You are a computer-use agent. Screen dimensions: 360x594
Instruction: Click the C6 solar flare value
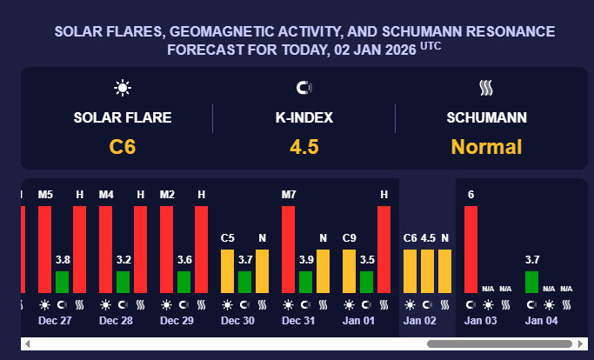(x=122, y=147)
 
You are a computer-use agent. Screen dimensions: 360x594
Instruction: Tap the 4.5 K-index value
(x=304, y=147)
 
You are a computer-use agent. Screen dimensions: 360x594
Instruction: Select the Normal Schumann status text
(x=486, y=147)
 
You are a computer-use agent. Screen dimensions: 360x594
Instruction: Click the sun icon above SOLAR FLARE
(x=123, y=88)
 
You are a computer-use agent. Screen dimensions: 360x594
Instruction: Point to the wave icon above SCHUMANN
(x=486, y=88)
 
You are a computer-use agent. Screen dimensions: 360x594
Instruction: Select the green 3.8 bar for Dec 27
(x=62, y=282)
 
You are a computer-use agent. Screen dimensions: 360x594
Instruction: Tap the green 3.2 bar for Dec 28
(x=123, y=282)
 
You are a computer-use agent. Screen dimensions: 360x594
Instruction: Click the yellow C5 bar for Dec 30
(x=228, y=270)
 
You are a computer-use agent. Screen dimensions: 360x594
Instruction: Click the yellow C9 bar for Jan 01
(x=350, y=270)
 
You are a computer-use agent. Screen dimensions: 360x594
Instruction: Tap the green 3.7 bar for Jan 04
(x=531, y=282)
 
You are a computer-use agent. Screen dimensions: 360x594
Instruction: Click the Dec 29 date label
(x=176, y=320)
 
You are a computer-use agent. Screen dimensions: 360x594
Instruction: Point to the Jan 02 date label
(x=419, y=320)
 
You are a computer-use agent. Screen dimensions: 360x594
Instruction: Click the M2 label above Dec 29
(x=167, y=194)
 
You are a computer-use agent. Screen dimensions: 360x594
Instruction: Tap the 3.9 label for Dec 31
(x=305, y=259)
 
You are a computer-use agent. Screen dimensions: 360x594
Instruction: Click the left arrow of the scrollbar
(x=28, y=344)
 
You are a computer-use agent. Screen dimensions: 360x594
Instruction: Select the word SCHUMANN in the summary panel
(x=486, y=117)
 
